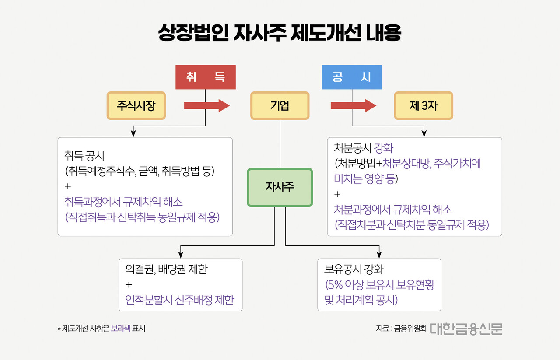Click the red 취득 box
(205, 77)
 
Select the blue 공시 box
(352, 77)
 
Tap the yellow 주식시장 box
(136, 105)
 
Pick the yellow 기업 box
(280, 105)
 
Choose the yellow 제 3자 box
(423, 105)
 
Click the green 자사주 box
(280, 187)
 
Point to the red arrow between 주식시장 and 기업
(206, 105)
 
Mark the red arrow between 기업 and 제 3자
(353, 105)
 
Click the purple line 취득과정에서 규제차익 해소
(123, 202)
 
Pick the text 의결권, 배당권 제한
(166, 269)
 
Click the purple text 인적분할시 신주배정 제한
(179, 300)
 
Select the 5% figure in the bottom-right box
(335, 285)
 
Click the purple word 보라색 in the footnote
(121, 329)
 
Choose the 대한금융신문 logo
(466, 329)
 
